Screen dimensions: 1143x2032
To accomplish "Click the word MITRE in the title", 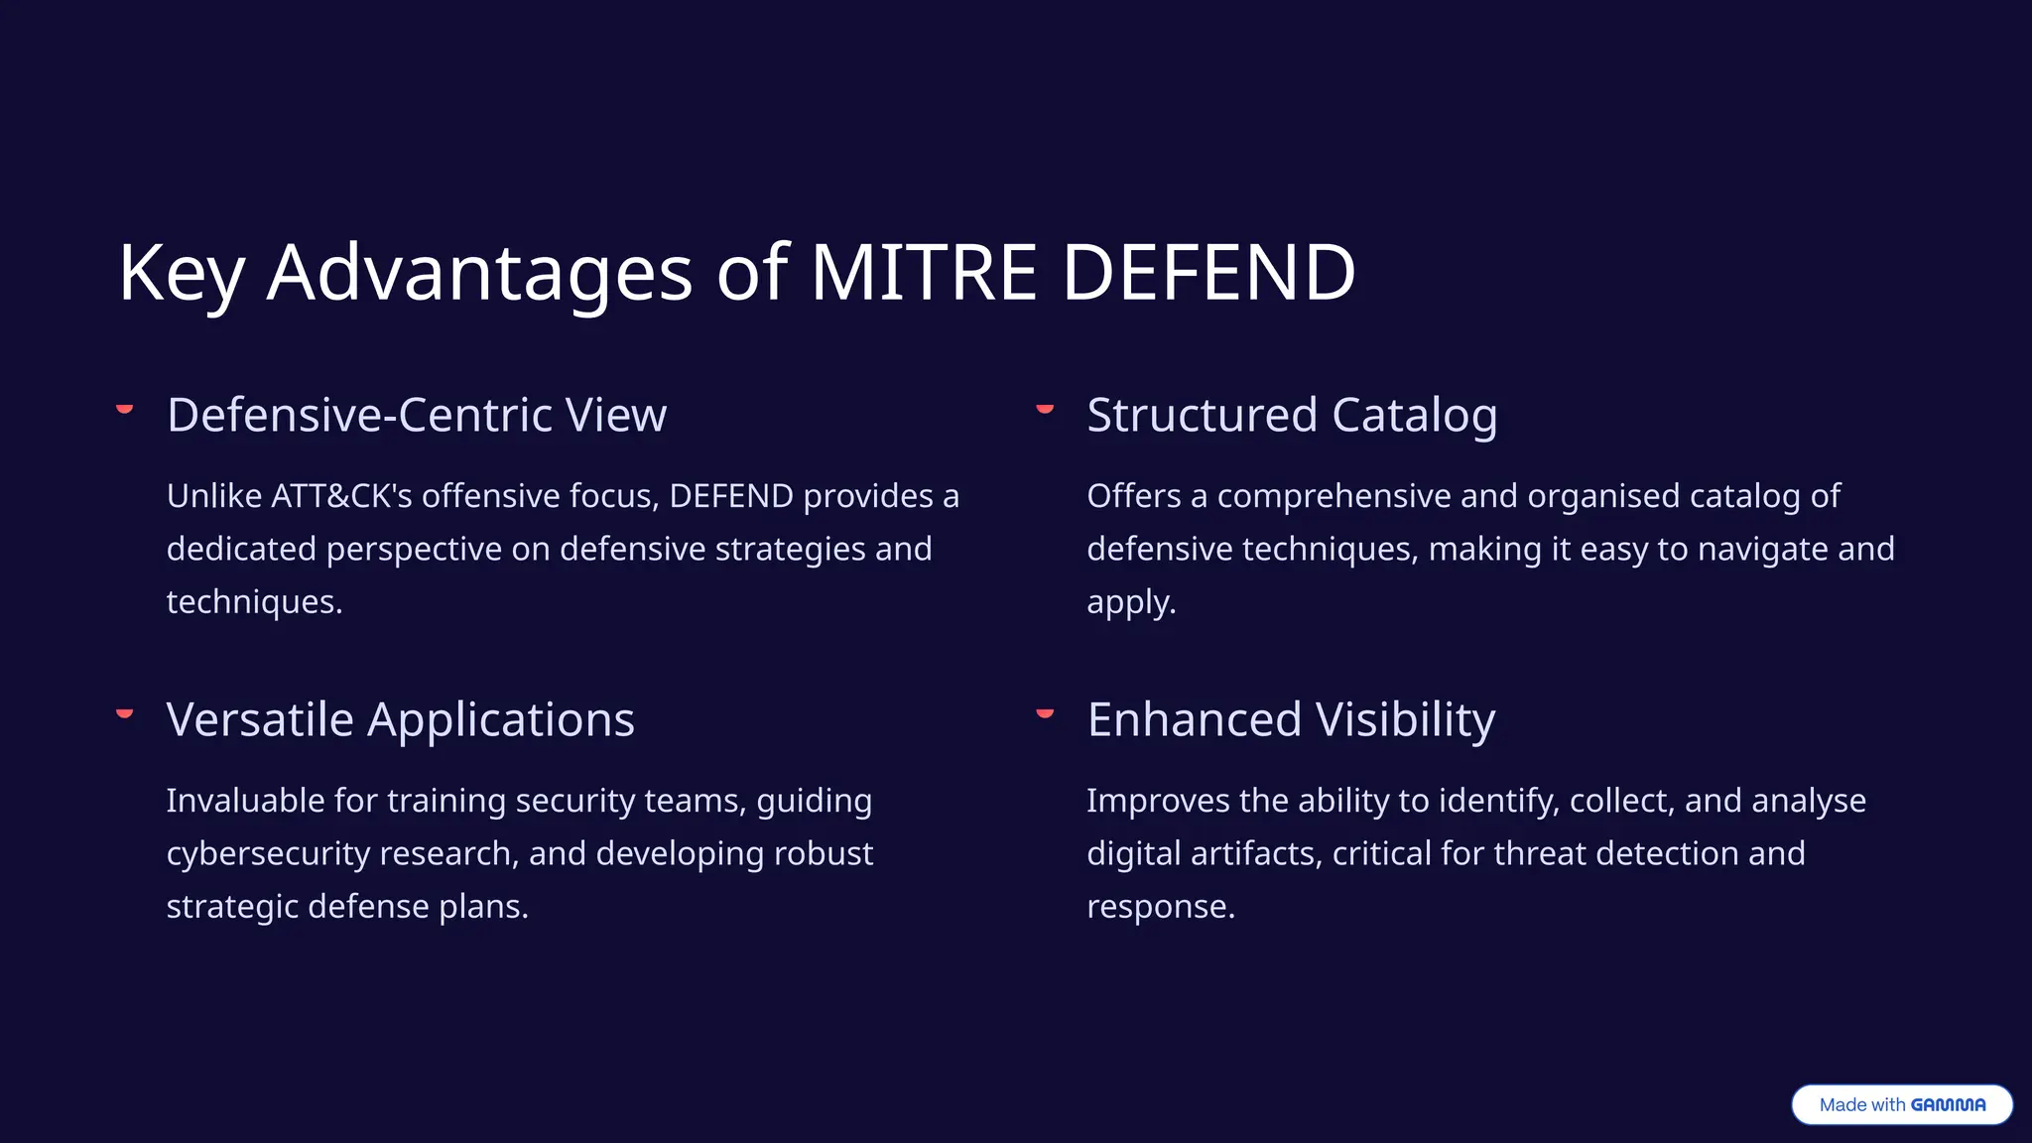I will (x=924, y=273).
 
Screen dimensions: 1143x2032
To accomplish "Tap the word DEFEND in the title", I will (x=1207, y=273).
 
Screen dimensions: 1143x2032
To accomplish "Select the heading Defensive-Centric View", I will (x=417, y=415).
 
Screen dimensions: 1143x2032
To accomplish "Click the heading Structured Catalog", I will (x=1292, y=415).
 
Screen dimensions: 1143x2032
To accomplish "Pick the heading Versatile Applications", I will (x=400, y=719).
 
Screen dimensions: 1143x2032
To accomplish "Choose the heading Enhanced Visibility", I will (x=1291, y=719).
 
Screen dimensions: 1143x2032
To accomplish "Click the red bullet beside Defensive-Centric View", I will (x=125, y=409).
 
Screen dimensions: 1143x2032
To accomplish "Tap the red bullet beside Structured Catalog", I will (x=1045, y=409).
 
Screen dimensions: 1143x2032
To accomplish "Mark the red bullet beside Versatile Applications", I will (x=125, y=713).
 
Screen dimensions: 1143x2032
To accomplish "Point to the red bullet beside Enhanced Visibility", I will (x=1045, y=713).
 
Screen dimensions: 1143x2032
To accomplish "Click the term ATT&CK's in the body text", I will (x=341, y=496).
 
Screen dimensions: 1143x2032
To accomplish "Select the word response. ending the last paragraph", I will (x=1161, y=907).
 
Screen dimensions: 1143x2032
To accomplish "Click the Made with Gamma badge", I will (x=1901, y=1104).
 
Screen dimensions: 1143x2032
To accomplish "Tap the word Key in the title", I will (x=181, y=273).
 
